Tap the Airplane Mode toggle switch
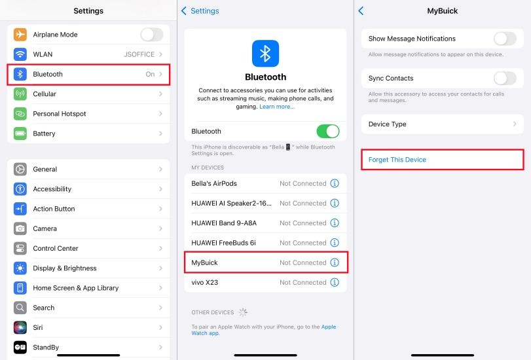(152, 35)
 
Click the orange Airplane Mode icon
(20, 35)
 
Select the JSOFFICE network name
(139, 54)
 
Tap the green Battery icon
(20, 134)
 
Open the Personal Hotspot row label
(60, 114)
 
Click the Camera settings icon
(20, 228)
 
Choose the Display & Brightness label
(65, 268)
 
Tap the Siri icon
(20, 327)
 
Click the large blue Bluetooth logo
(266, 54)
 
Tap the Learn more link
(277, 107)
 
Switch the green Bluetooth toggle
(328, 132)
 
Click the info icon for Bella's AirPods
(335, 183)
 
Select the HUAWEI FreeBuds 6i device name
(223, 243)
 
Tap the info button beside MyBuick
(335, 262)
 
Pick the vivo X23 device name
(204, 283)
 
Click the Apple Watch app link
(263, 330)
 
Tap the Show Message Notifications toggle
(505, 39)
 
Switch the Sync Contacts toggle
(505, 79)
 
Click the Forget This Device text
(397, 160)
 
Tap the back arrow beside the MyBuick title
(361, 11)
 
